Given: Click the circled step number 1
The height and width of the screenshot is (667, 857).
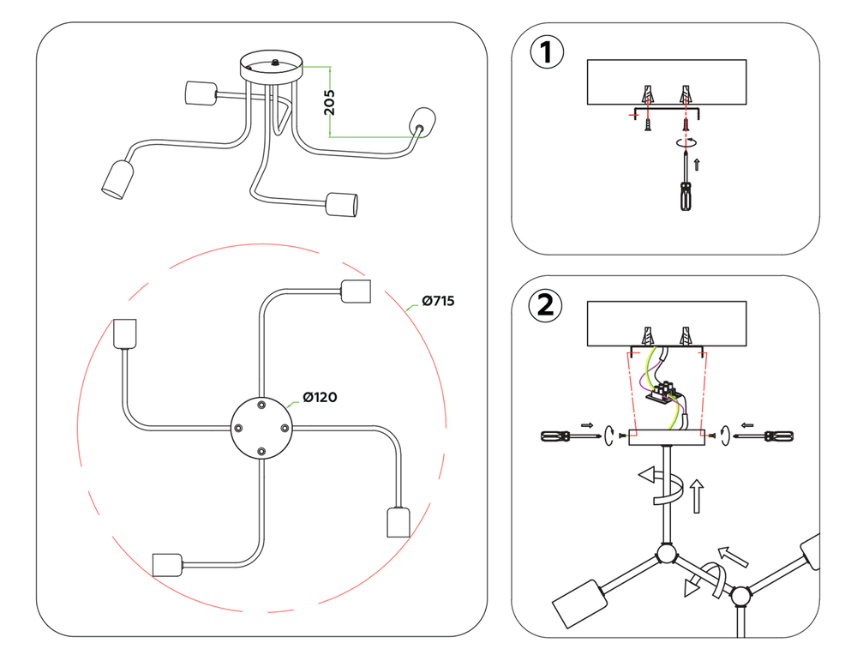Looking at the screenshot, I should (548, 53).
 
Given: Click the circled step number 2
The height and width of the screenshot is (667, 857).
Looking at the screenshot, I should (546, 305).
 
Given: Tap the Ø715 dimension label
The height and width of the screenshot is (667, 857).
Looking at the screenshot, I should (437, 301).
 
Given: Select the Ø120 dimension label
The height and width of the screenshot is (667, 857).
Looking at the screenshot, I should (319, 397).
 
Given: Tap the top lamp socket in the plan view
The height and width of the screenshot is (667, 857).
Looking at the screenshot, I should (355, 291).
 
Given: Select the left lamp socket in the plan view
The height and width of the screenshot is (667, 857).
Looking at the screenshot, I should (125, 333).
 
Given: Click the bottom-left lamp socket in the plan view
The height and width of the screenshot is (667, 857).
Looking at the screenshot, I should (166, 564).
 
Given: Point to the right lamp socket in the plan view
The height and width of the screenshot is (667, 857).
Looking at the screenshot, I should (397, 521).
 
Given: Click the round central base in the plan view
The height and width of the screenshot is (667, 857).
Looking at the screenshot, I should (262, 426).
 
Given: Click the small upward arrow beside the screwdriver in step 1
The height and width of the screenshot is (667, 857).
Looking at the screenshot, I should (697, 164).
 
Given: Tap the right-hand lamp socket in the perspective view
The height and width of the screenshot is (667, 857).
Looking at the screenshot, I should (423, 120).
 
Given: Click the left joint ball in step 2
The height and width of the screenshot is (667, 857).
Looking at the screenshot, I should (666, 556).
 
